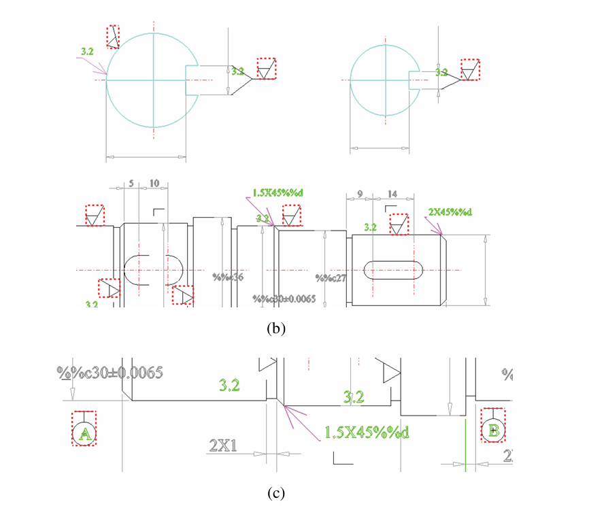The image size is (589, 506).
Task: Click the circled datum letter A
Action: pos(84,432)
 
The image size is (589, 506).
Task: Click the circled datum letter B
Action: pos(492,429)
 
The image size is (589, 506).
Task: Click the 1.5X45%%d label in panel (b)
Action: pos(277,192)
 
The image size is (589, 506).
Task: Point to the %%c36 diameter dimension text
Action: pos(227,277)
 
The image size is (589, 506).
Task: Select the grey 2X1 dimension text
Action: pos(222,445)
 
